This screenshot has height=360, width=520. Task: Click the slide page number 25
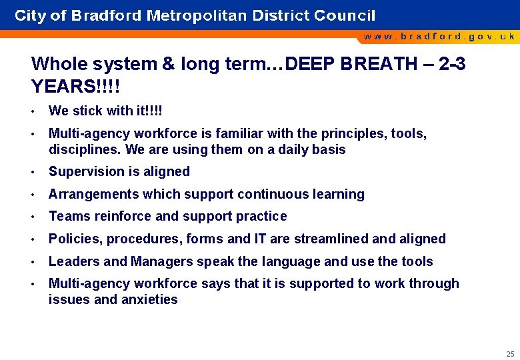(510, 354)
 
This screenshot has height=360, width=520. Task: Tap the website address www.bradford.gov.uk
(439, 36)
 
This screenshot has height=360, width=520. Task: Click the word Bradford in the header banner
(97, 15)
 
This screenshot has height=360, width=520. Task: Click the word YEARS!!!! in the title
(75, 87)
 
